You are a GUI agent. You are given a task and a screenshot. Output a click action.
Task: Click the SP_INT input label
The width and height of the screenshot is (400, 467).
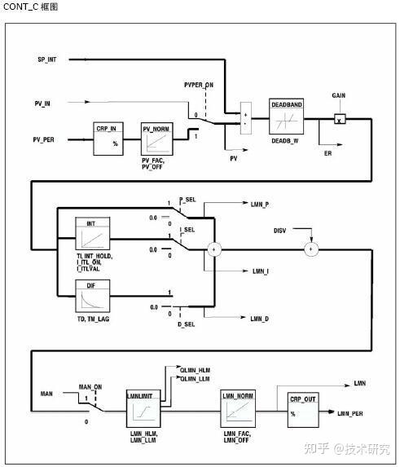pos(48,59)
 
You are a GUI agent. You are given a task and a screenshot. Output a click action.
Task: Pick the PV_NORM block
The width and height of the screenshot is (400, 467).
pos(157,139)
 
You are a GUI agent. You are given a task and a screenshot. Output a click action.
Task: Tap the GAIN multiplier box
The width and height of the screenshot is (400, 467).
pos(340,119)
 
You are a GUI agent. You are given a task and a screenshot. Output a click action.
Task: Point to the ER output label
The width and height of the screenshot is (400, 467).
pos(327,153)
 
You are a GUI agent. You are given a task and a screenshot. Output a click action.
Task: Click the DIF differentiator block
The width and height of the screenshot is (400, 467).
pos(91,297)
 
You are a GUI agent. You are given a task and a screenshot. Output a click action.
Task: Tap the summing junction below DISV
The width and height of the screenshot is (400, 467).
pos(310,249)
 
